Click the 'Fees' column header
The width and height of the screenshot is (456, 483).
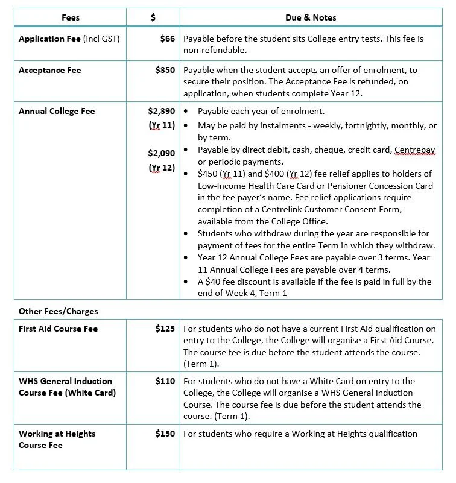(x=71, y=17)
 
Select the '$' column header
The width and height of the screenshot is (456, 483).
(x=153, y=17)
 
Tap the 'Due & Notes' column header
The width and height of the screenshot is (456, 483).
(x=311, y=17)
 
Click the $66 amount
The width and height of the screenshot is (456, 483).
(x=168, y=39)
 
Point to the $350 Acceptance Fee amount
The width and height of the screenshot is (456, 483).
(x=165, y=70)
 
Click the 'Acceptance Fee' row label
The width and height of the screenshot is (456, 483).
(x=49, y=70)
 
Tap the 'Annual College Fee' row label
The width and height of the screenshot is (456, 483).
(x=57, y=111)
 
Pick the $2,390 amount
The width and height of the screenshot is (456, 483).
(x=161, y=111)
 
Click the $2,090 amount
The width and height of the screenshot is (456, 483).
(x=161, y=153)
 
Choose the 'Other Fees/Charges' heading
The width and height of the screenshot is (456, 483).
(x=59, y=311)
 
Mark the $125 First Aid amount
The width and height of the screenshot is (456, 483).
(x=165, y=329)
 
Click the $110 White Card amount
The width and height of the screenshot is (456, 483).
(x=165, y=381)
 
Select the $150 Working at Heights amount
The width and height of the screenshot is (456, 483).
(x=165, y=434)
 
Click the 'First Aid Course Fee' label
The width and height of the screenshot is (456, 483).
(x=58, y=329)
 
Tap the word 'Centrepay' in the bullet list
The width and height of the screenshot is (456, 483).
(x=414, y=150)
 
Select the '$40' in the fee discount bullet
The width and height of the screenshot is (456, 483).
(x=214, y=282)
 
